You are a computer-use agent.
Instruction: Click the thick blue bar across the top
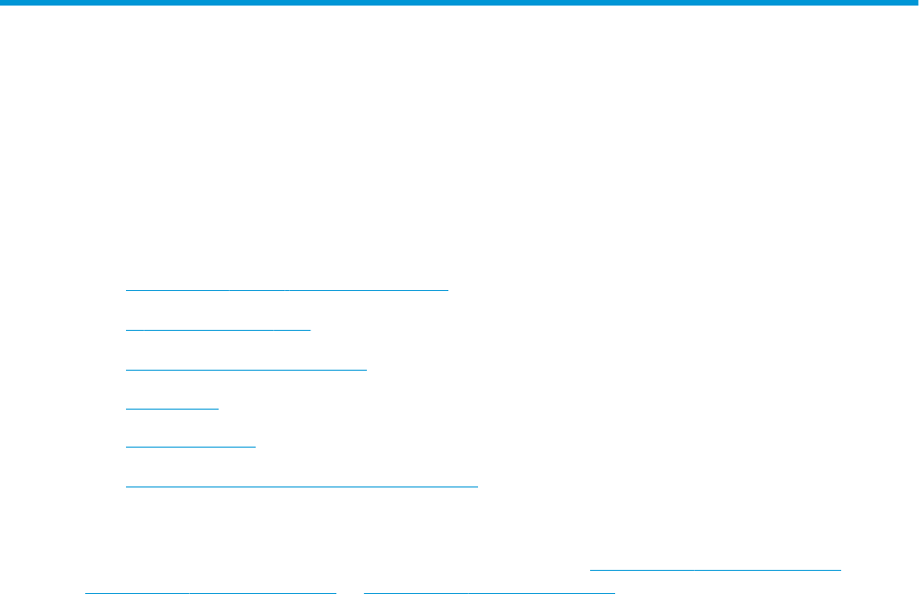459,4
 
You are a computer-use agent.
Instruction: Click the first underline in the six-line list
286,289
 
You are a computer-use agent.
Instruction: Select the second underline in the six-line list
218,328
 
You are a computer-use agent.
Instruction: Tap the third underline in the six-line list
245,368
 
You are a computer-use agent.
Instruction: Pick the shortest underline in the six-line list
171,407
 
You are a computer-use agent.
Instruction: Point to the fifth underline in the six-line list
190,446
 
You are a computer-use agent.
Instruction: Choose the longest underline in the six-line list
301,485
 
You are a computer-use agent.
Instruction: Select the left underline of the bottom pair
209,589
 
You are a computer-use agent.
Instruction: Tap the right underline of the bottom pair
489,589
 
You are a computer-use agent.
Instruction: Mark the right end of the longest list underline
477,485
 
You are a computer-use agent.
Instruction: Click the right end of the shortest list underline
218,407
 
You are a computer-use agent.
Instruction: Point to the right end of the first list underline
447,289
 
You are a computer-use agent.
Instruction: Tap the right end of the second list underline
310,328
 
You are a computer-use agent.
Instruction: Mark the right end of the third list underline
367,368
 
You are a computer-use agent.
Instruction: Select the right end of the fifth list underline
255,446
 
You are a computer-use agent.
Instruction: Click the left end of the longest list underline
126,485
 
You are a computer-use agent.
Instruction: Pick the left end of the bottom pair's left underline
85,589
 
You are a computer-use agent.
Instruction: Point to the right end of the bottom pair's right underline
614,589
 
